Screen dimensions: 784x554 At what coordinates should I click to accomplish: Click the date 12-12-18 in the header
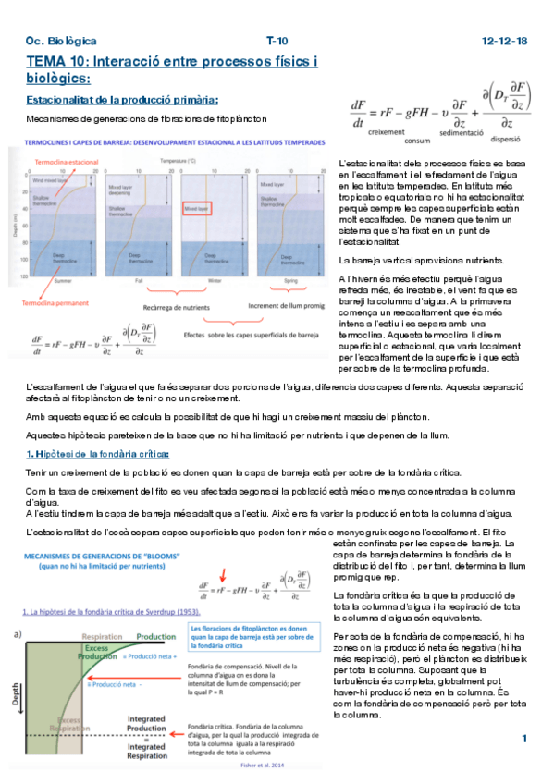[505, 42]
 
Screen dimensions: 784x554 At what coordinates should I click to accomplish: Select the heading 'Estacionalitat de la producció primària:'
[122, 99]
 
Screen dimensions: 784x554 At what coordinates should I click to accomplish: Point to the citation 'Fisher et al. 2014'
[271, 765]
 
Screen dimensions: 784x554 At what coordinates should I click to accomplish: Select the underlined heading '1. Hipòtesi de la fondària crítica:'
[98, 453]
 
